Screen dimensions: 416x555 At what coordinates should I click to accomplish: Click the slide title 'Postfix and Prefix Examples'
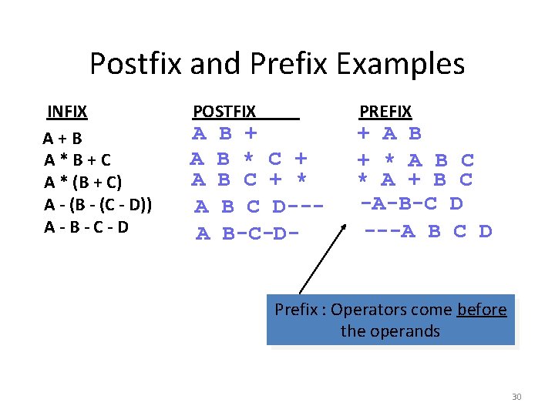pos(277,63)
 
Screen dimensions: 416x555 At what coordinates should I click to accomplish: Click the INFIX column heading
pos(66,112)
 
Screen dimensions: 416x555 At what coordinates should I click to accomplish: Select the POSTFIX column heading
pos(224,112)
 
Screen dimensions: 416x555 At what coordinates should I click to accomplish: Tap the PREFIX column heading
pos(385,112)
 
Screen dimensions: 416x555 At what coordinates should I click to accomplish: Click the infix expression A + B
pos(62,139)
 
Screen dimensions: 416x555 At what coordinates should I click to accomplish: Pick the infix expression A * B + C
pos(77,160)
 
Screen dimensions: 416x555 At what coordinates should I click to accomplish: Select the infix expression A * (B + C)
pos(82,183)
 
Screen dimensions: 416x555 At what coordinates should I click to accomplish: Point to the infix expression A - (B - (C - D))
pos(97,205)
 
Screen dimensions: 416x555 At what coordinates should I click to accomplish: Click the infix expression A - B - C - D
pos(86,227)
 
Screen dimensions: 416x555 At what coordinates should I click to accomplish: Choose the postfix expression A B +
pos(224,134)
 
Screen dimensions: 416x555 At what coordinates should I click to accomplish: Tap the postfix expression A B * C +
pos(249,159)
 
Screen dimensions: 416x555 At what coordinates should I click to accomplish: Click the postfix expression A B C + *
pos(249,181)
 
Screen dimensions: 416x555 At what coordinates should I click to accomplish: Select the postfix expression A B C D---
pos(257,207)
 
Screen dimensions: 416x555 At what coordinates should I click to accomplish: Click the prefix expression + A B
pos(389,134)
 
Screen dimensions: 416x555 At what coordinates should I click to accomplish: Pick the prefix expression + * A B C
pos(415,160)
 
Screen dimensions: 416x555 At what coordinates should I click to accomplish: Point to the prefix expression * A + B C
pos(415,181)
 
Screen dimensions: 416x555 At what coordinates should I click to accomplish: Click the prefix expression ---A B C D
pos(428,230)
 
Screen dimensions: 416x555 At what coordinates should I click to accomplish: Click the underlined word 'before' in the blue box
pos(482,310)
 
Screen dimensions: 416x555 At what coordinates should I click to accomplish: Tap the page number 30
pos(516,397)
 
